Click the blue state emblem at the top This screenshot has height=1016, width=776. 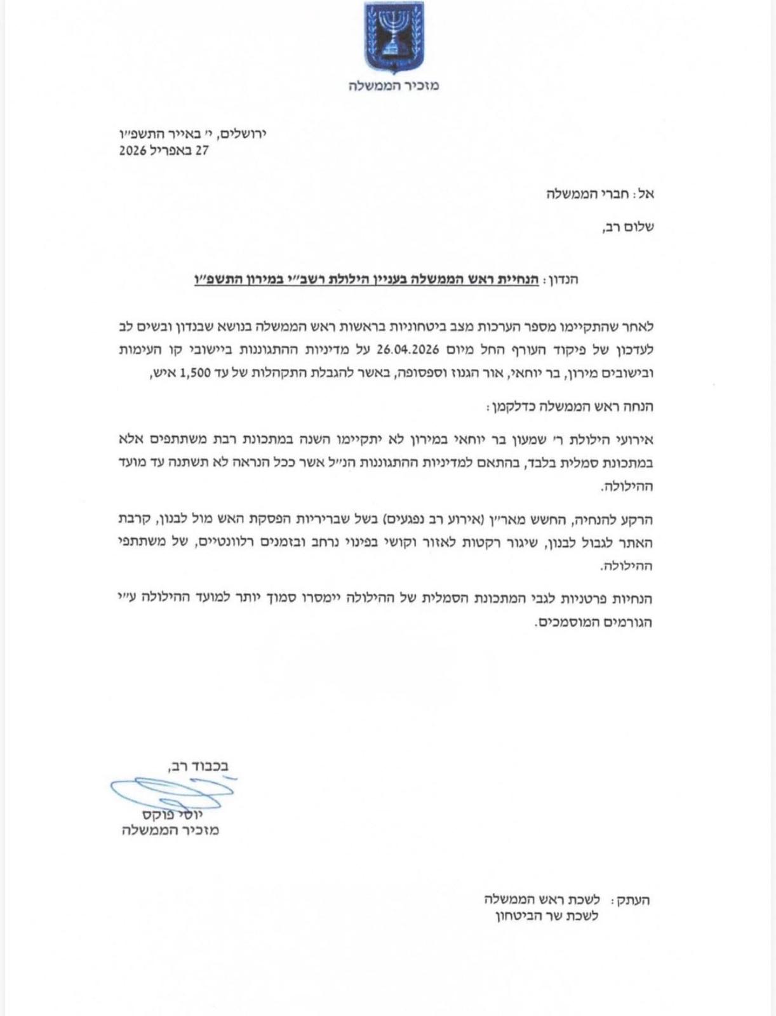[394, 37]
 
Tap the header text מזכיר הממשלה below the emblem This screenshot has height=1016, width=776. [394, 85]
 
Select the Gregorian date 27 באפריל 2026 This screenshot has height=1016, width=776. [164, 151]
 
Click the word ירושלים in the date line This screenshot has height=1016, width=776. [241, 133]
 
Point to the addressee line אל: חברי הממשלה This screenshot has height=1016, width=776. [600, 194]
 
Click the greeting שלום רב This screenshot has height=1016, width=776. [627, 227]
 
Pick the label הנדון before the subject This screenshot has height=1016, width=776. [561, 279]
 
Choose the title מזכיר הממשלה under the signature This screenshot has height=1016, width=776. [170, 831]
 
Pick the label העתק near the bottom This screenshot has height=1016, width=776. [631, 900]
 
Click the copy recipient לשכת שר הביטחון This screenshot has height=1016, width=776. [547, 916]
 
